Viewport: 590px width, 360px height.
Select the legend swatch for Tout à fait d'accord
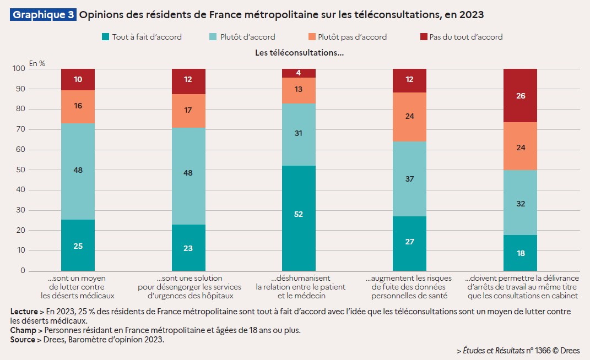(105, 37)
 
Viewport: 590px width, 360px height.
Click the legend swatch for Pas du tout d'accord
(423, 37)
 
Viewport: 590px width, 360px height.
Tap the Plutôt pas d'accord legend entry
(347, 37)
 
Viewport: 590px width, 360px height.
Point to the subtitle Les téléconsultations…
(299, 53)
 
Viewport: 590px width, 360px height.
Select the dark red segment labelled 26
(521, 95)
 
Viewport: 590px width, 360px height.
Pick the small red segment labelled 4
(299, 73)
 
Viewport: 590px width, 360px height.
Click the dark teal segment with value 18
(521, 253)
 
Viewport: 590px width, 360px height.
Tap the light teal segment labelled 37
(409, 179)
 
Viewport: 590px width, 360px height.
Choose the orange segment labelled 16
(78, 106)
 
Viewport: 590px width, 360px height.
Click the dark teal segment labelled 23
(188, 248)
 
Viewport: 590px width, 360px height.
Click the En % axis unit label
(37, 63)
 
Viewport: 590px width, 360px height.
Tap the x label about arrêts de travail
(521, 287)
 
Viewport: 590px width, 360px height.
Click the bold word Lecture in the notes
(24, 312)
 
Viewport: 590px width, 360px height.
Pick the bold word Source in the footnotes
(23, 340)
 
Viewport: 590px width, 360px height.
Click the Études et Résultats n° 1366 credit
(518, 350)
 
